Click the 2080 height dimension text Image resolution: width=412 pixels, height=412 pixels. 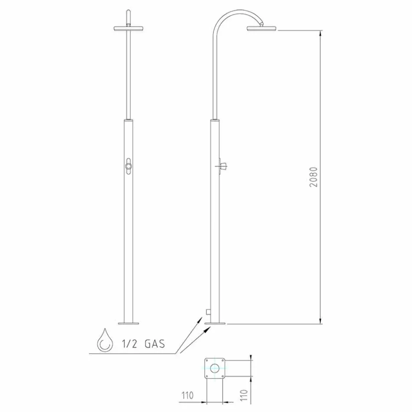click(314, 177)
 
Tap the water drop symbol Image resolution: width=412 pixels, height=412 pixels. click(104, 340)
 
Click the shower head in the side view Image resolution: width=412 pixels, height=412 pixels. click(262, 29)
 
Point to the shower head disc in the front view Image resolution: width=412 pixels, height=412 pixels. click(128, 29)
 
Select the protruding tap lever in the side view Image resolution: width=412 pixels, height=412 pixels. click(223, 165)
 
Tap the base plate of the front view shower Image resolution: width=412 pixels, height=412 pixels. click(128, 323)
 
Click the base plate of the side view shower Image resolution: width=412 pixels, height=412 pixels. click(216, 323)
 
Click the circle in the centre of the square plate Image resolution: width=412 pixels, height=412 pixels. click(215, 369)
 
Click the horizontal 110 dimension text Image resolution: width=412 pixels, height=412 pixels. click(187, 396)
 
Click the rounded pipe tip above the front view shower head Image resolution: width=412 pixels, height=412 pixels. click(128, 13)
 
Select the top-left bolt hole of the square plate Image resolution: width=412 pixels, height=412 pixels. click(207, 360)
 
